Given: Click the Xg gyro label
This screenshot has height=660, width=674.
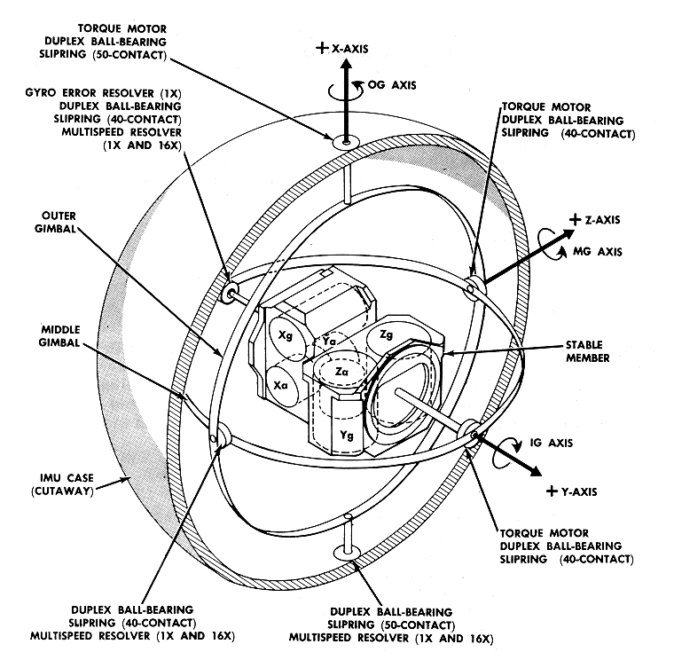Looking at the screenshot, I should click(x=286, y=336).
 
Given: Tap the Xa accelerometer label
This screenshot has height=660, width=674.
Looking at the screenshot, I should click(x=281, y=384).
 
